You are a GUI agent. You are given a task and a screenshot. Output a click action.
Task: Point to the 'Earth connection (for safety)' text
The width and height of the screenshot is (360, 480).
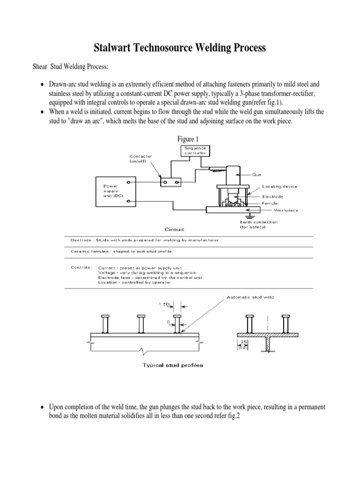pos(252,225)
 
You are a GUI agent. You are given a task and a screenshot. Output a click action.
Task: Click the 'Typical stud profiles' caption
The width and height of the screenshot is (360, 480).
pos(172,366)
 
